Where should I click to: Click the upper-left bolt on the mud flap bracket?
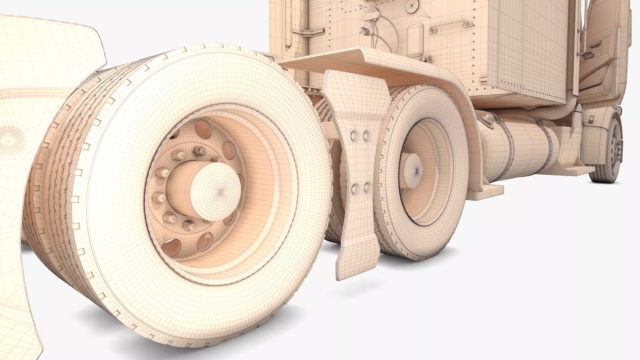(x=354, y=135)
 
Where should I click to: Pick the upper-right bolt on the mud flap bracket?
(x=367, y=135)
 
